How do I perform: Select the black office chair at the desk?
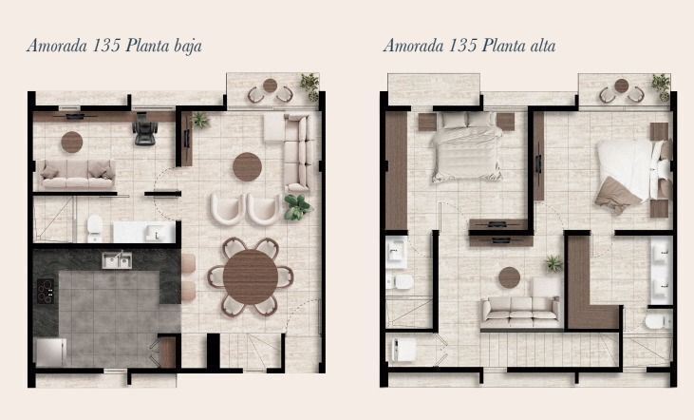[x=145, y=129]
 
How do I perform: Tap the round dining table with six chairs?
[x=251, y=277]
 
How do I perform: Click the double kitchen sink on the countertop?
[x=117, y=260]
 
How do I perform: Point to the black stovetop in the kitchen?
[x=46, y=291]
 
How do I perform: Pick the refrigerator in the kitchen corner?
[x=51, y=353]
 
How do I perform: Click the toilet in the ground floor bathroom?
[x=94, y=228]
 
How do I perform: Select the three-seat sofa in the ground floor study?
[x=77, y=175]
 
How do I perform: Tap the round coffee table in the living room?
[x=248, y=167]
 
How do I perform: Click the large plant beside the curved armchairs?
[x=297, y=207]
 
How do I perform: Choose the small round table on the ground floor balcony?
[x=270, y=86]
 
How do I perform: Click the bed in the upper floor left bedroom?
[x=466, y=147]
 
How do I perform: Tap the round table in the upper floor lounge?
[x=509, y=277]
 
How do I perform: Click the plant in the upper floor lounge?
[x=553, y=263]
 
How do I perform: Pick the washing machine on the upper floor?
[x=403, y=350]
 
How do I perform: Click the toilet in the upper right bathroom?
[x=659, y=321]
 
